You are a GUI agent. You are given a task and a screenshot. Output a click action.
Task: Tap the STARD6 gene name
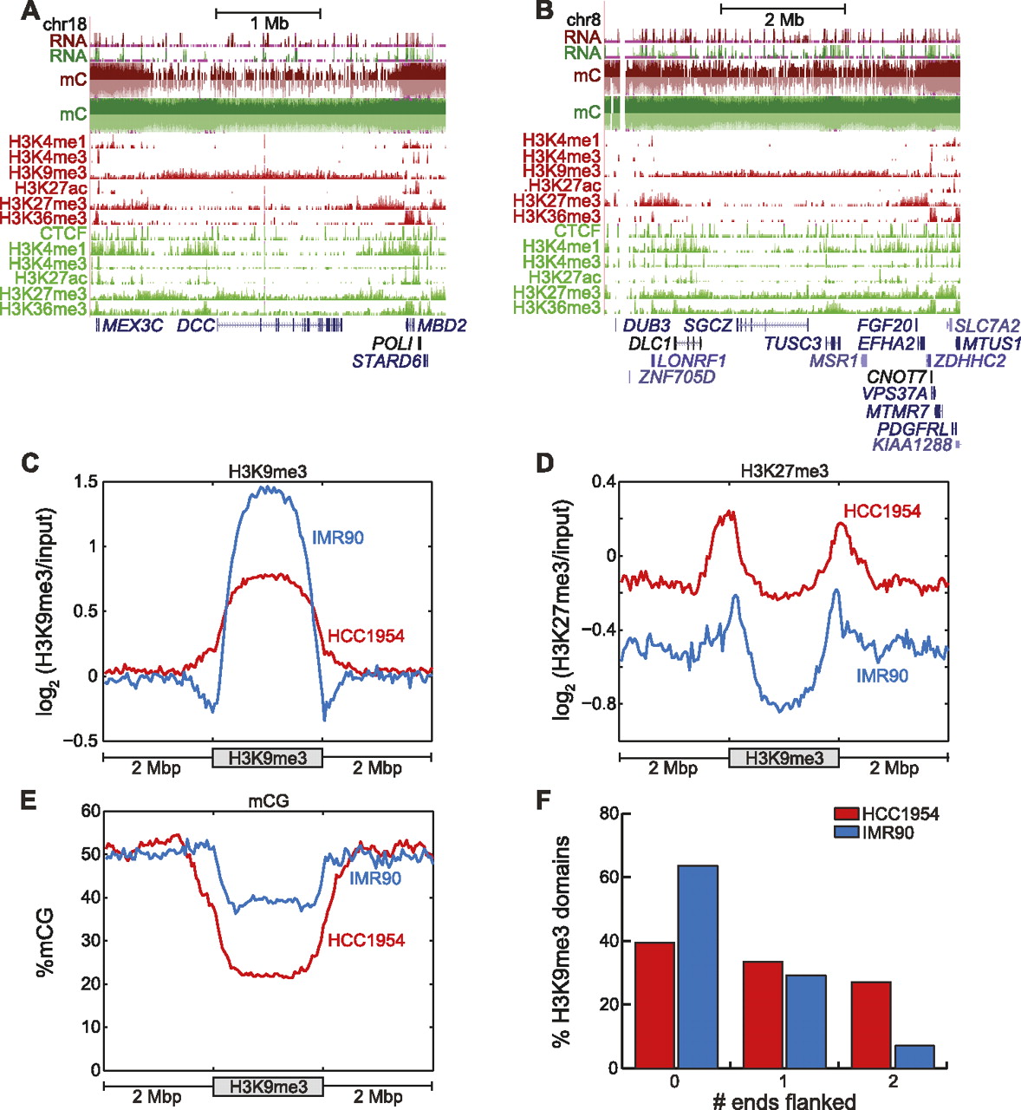pos(386,361)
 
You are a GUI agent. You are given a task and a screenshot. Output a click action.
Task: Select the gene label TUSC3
pos(792,343)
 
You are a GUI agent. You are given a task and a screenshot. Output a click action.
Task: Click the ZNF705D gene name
pos(677,376)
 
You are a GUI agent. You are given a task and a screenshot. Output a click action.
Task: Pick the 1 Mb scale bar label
pos(269,24)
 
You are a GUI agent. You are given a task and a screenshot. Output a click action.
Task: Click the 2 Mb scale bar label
pos(784,20)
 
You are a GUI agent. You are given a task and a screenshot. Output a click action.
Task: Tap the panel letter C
pos(29,462)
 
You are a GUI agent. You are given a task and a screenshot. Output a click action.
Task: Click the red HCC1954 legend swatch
pos(845,814)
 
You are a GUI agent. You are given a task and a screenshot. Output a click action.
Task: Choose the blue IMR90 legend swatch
pos(845,832)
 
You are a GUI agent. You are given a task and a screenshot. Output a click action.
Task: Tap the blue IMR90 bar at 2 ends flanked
pos(913,1056)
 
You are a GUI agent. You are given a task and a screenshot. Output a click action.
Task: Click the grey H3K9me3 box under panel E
pos(268,1087)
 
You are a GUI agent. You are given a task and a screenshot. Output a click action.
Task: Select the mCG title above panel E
pos(269,802)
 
